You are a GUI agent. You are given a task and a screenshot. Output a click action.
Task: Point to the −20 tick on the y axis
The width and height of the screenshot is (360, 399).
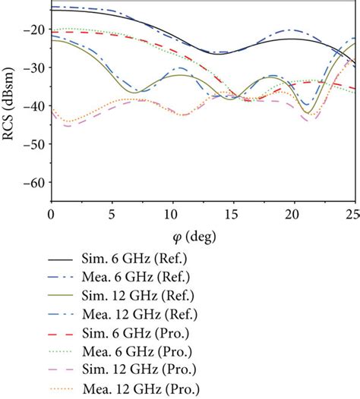pos(35,30)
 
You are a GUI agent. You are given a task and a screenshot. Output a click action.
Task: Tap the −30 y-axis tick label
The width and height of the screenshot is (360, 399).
pos(35,68)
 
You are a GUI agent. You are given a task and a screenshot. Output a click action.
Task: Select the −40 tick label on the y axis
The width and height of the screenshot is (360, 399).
pos(35,106)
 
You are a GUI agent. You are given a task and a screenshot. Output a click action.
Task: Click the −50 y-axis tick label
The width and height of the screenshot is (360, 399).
pos(35,144)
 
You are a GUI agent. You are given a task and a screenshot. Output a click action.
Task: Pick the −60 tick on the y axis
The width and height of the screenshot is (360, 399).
pos(35,183)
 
